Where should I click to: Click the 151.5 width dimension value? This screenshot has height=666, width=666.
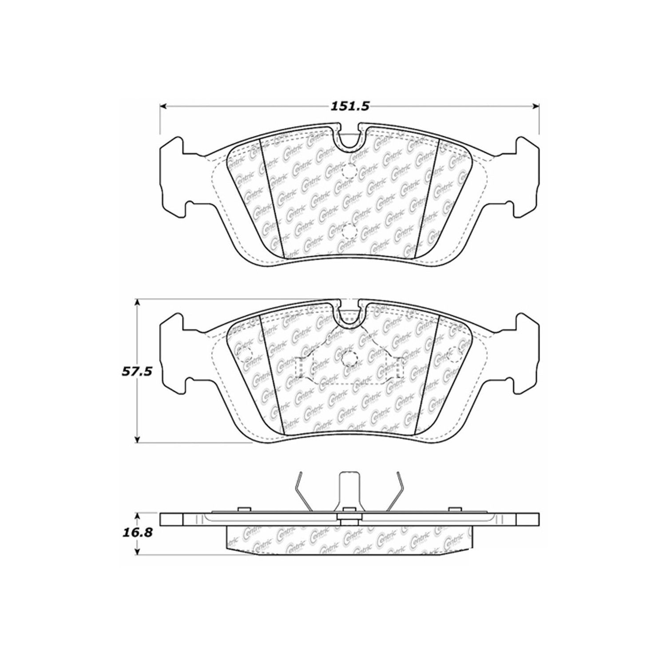(350, 107)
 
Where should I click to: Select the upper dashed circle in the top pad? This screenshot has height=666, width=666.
(349, 170)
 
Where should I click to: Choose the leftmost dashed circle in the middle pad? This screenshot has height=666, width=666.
(245, 353)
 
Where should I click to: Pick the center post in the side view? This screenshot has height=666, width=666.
(349, 491)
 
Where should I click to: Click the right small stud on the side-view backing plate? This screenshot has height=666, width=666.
(453, 509)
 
